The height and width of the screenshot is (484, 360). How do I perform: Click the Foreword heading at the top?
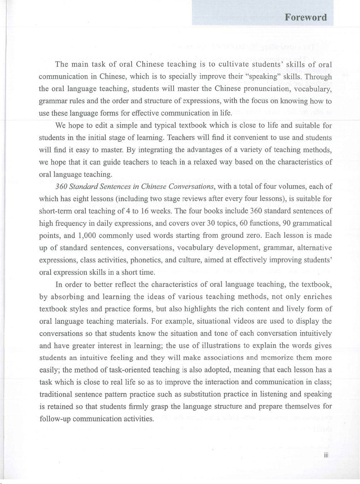click(306, 18)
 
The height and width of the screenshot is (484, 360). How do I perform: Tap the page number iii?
click(326, 455)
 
